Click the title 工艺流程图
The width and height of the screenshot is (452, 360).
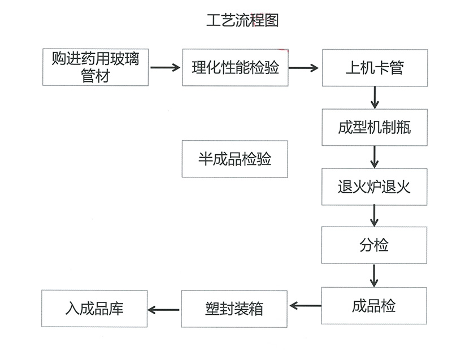click(242, 20)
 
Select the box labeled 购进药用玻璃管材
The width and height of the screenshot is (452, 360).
click(95, 67)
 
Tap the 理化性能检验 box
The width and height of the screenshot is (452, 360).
click(236, 68)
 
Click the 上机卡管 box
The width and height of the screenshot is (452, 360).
click(374, 68)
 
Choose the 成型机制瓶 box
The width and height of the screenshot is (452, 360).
click(374, 127)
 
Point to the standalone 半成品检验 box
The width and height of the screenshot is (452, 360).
click(234, 159)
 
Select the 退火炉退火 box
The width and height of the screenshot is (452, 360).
click(374, 186)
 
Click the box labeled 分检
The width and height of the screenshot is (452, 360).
click(374, 245)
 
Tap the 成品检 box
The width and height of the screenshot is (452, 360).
click(374, 306)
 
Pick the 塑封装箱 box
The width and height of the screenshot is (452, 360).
click(234, 309)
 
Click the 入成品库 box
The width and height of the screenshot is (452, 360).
click(94, 309)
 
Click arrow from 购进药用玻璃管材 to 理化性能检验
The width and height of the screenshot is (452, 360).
click(164, 68)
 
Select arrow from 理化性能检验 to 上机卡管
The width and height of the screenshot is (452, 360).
click(303, 68)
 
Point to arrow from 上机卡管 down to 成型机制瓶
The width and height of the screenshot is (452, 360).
click(374, 97)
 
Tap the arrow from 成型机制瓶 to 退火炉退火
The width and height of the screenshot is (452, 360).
click(374, 156)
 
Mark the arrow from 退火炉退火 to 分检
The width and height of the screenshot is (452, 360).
click(374, 215)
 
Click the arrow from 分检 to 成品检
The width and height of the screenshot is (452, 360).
click(374, 275)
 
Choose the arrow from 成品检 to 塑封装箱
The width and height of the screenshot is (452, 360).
click(305, 306)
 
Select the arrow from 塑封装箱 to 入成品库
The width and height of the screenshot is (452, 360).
click(163, 309)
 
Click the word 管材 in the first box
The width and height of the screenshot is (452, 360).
click(95, 76)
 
